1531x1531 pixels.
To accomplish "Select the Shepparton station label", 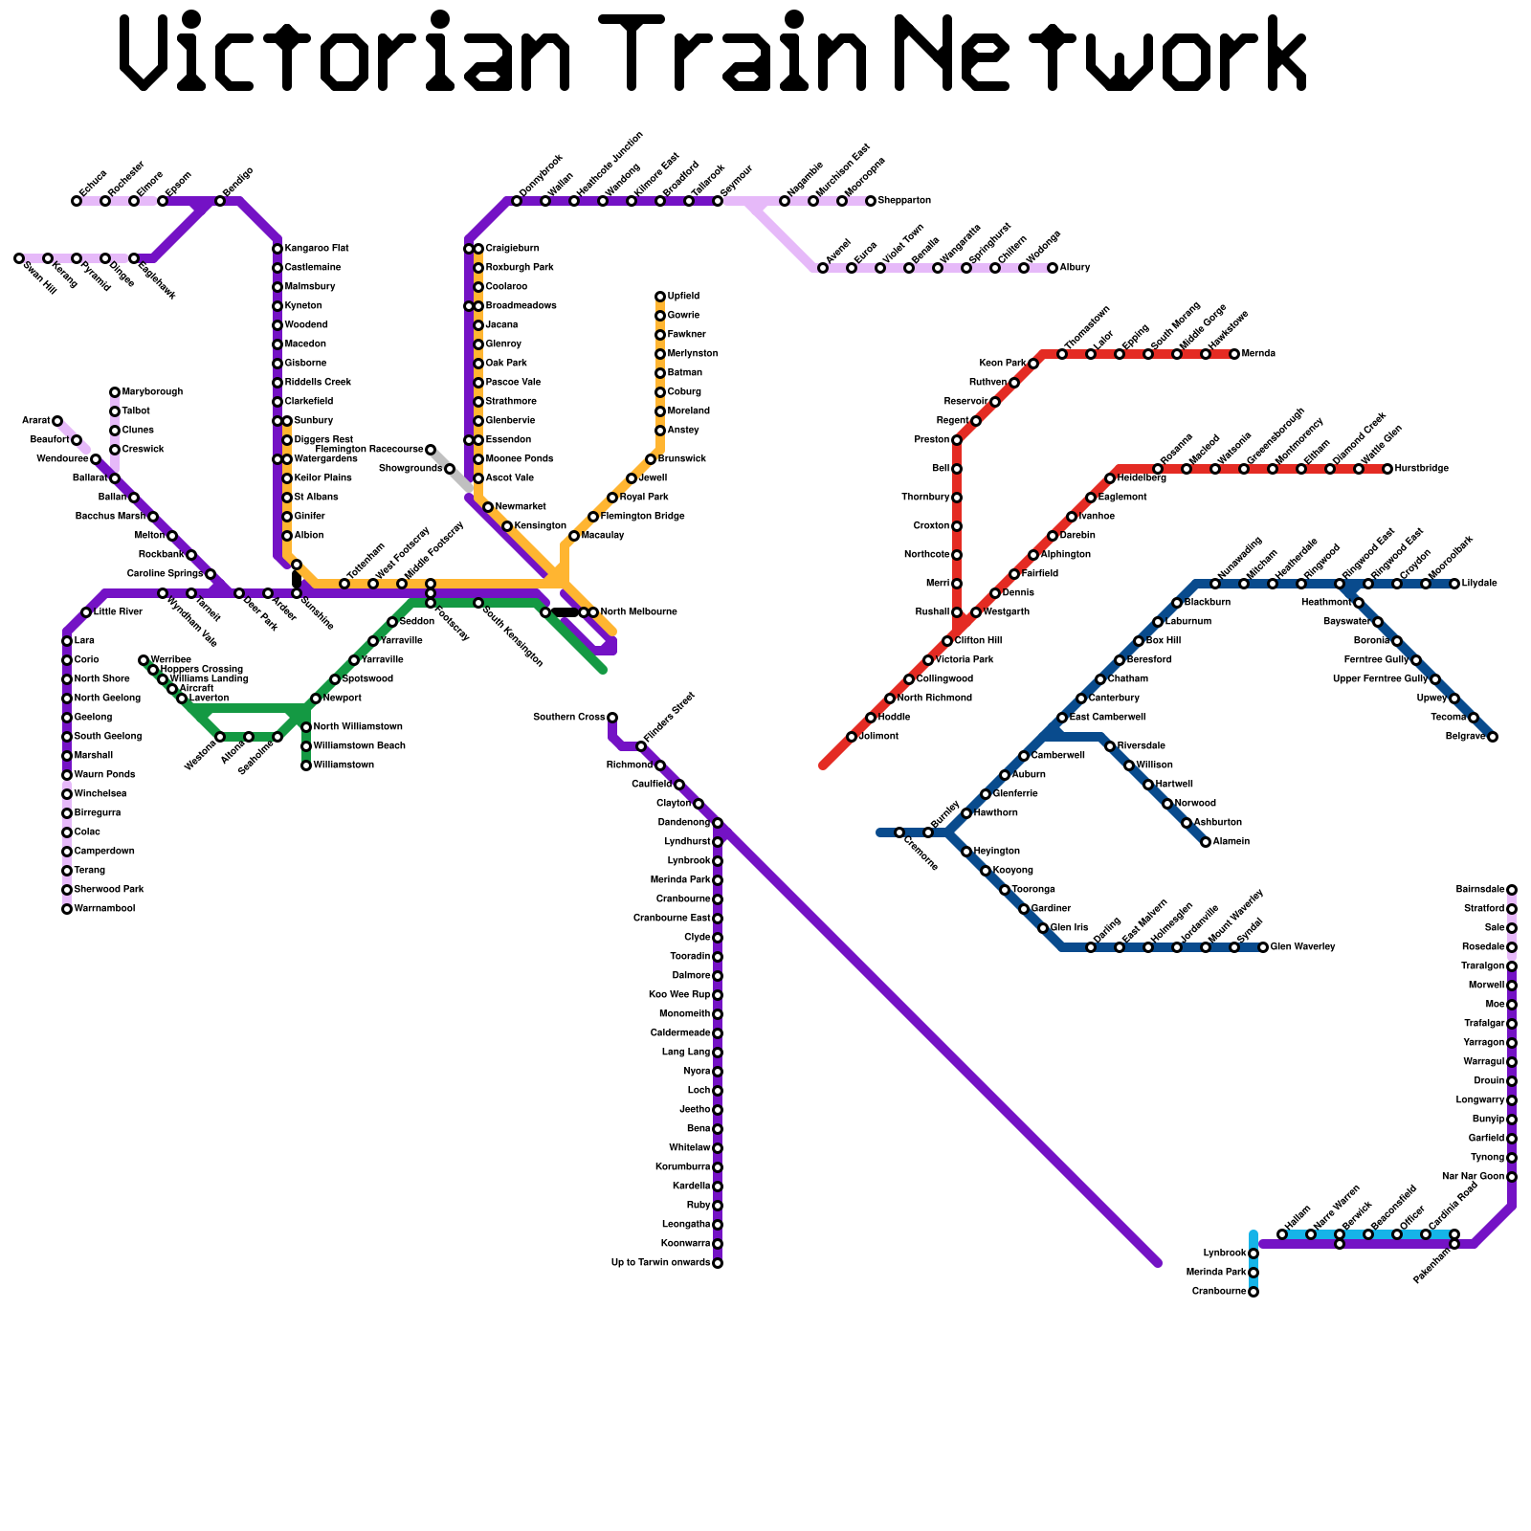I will click(x=904, y=201).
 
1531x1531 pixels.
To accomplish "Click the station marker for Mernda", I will click(x=1234, y=354).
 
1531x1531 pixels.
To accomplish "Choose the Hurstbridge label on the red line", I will click(x=1421, y=469).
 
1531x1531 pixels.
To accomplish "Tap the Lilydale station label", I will click(x=1479, y=584).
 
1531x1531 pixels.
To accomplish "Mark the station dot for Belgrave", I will click(x=1493, y=737).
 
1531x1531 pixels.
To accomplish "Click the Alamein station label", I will click(x=1231, y=842).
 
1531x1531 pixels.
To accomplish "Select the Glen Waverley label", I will click(x=1302, y=947).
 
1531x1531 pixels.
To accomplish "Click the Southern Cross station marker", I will click(x=612, y=718).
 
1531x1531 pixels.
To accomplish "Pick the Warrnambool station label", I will click(x=104, y=909).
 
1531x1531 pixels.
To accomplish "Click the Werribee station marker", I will click(x=144, y=660).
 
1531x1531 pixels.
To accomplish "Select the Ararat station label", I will click(x=36, y=421).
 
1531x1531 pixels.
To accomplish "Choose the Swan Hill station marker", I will click(x=19, y=258).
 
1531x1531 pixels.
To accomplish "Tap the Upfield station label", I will click(x=683, y=297).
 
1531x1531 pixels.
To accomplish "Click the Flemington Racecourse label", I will click(x=368, y=449).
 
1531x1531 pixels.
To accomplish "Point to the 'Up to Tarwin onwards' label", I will click(x=660, y=1263).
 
